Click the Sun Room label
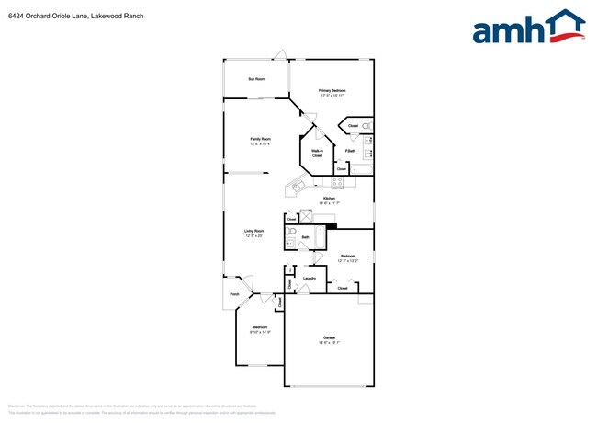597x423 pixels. [256, 79]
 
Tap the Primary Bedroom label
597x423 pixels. [332, 93]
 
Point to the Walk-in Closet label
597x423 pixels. [317, 154]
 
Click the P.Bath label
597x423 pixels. [350, 151]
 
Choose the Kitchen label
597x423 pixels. [329, 200]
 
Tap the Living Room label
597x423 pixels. [254, 233]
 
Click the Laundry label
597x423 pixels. [310, 278]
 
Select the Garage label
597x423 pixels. [329, 339]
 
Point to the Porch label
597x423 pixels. [234, 294]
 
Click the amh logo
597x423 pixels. [528, 28]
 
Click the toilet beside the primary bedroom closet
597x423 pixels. [366, 125]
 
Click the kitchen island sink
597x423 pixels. [298, 189]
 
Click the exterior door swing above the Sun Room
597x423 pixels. [284, 54]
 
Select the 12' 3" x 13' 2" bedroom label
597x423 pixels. [348, 257]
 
